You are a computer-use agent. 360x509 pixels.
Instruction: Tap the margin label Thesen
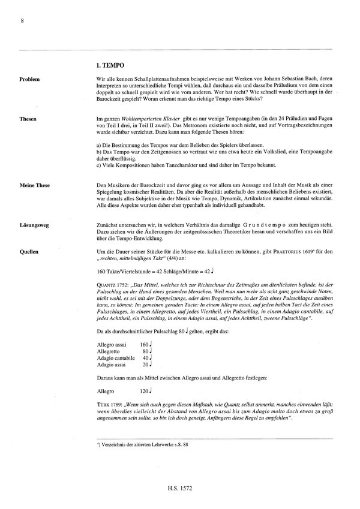click(x=28, y=119)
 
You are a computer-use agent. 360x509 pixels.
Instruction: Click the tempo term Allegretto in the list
click(x=109, y=352)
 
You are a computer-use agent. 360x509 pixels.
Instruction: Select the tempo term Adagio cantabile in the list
click(x=116, y=359)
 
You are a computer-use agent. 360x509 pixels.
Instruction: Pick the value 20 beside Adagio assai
click(x=145, y=365)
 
